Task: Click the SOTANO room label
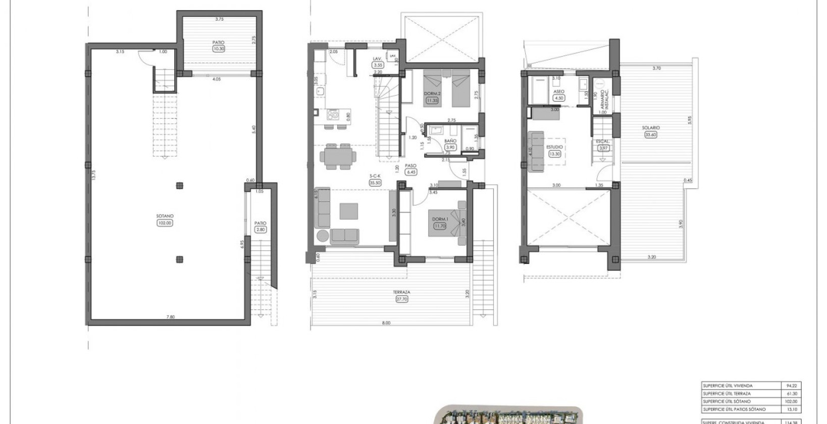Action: [165, 216]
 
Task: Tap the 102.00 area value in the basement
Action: [165, 223]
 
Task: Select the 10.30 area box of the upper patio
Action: [219, 49]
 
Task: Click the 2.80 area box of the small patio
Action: [260, 230]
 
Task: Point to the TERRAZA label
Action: [402, 292]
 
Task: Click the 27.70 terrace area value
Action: [402, 299]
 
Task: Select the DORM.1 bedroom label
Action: [439, 219]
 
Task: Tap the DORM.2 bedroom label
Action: [431, 94]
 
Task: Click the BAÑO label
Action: [450, 141]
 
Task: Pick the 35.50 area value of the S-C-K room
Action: [375, 183]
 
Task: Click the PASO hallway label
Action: [411, 165]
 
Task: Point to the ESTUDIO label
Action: [554, 147]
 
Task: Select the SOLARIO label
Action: [651, 128]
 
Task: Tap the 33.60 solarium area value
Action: [651, 135]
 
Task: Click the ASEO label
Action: [558, 92]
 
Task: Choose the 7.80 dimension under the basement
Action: [171, 317]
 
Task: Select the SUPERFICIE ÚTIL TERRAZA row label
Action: [727, 394]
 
